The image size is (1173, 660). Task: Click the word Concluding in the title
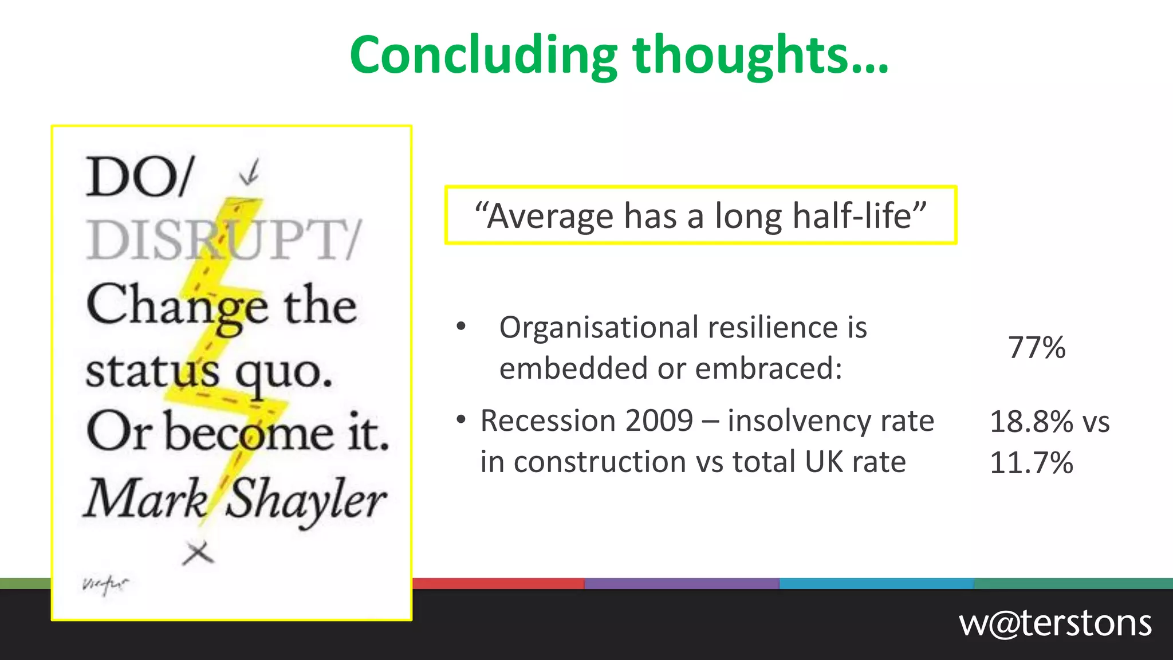pyautogui.click(x=483, y=56)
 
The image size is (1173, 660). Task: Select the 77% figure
pyautogui.click(x=1037, y=348)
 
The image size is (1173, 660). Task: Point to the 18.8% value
pyautogui.click(x=1032, y=422)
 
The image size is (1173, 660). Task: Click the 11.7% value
pyautogui.click(x=1032, y=463)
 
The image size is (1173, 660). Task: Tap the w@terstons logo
pyautogui.click(x=1055, y=623)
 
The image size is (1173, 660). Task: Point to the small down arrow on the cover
pyautogui.click(x=250, y=172)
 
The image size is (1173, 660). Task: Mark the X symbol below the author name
pyautogui.click(x=198, y=553)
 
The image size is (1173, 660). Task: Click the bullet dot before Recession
pyautogui.click(x=461, y=420)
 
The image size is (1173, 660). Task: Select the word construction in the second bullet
pyautogui.click(x=600, y=462)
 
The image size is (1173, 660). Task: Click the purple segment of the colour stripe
pyautogui.click(x=682, y=584)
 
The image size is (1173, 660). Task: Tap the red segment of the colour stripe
pyautogui.click(x=498, y=584)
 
